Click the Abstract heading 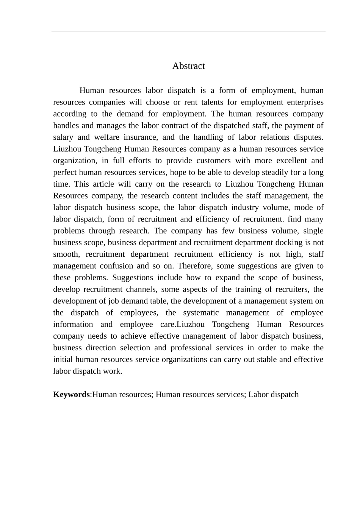[x=188, y=66]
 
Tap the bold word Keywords [x=71, y=395]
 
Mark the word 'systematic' [x=201, y=313]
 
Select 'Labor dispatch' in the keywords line [x=273, y=395]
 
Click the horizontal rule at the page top [x=188, y=32]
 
